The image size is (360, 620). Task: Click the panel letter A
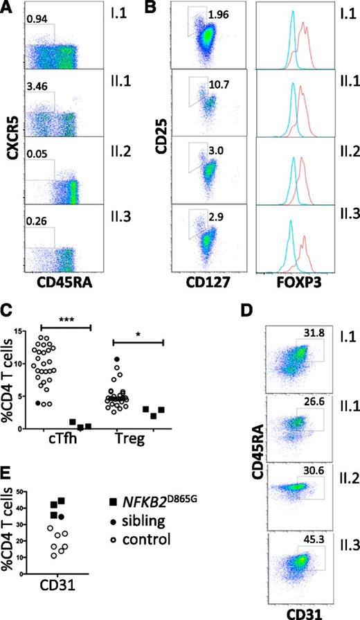click(8, 8)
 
